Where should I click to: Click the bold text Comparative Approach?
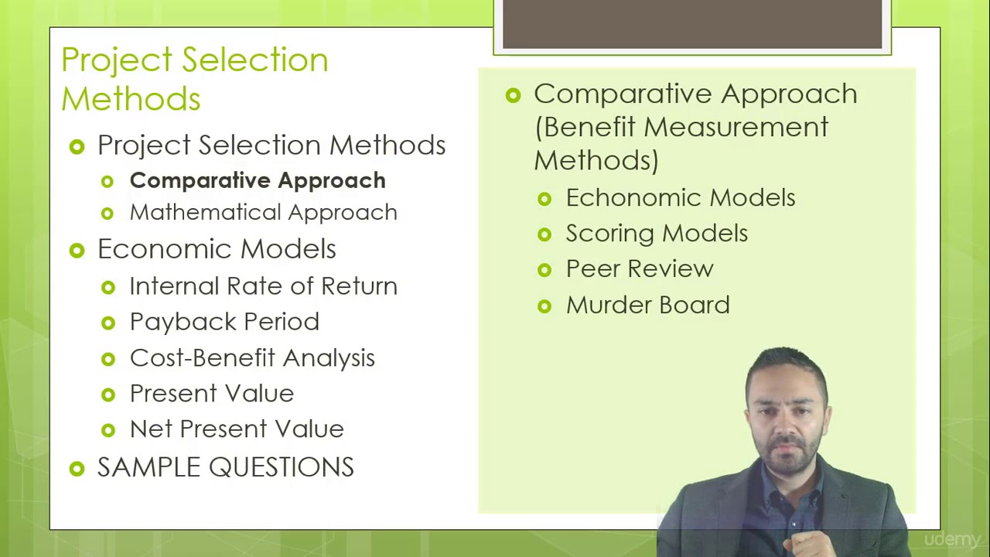257,180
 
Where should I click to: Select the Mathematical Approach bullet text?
263,213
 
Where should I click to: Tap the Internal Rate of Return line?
263,286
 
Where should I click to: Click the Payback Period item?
224,322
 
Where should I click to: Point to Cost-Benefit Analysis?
251,358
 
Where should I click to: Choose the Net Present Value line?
236,429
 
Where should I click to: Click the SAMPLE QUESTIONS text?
225,467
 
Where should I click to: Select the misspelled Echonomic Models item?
680,198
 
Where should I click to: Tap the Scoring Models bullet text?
656,234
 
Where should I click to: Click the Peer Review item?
639,269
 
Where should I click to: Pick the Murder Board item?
647,306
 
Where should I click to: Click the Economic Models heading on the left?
217,249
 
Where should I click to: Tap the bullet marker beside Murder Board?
544,306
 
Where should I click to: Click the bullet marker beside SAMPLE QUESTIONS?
77,468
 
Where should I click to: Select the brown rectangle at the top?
692,25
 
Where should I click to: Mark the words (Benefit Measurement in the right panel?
681,127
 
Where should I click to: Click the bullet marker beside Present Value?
108,395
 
